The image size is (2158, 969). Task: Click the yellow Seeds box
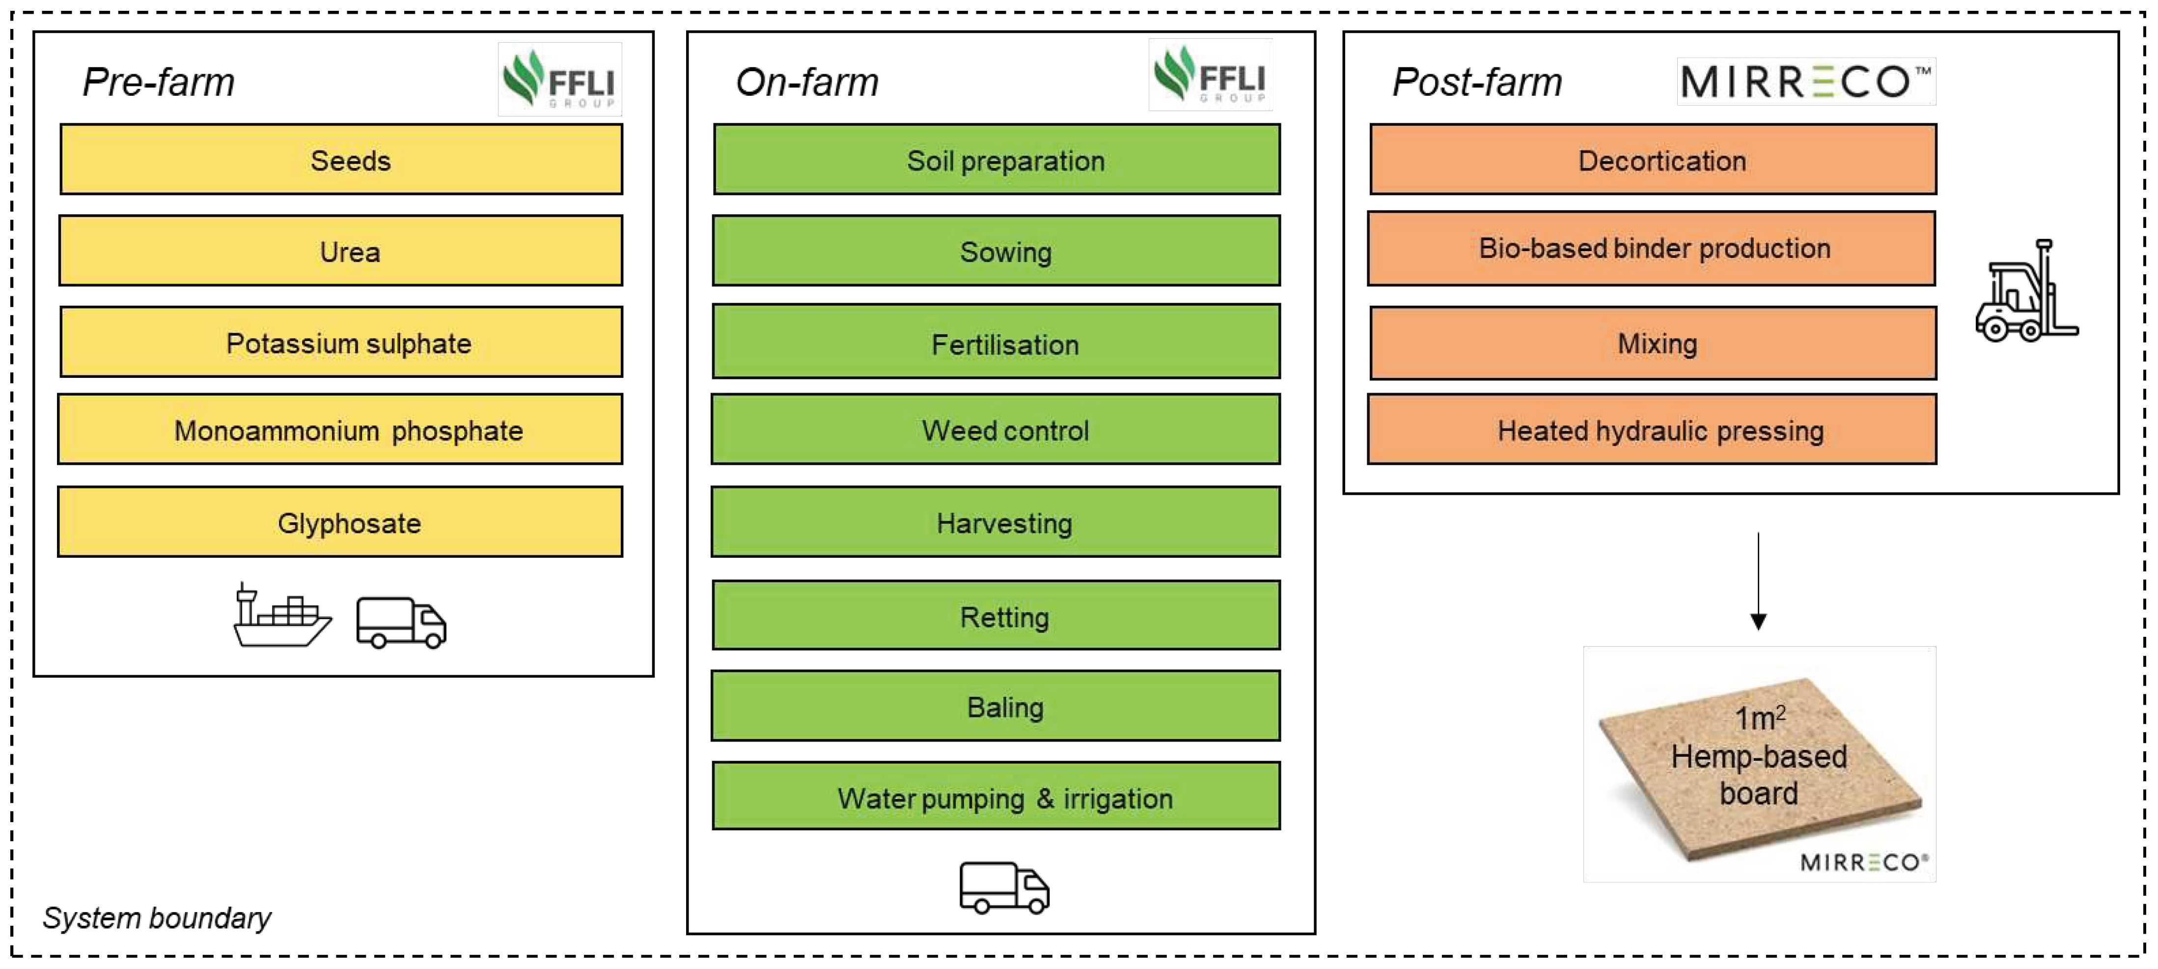click(341, 159)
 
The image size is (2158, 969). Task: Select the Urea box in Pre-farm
click(341, 251)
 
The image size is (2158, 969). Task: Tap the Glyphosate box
click(340, 522)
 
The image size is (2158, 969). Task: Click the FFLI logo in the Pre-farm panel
click(559, 80)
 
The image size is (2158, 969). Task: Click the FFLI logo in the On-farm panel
click(1211, 76)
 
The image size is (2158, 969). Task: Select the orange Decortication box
click(1653, 159)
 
